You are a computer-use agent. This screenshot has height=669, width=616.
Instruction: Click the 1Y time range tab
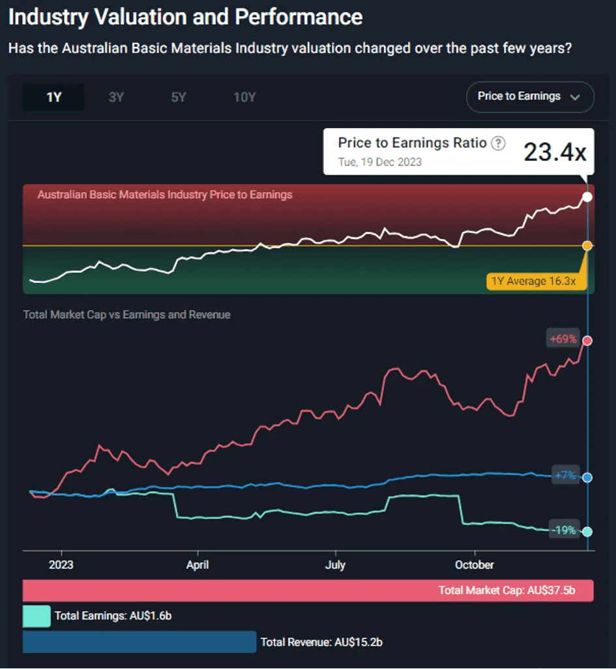[x=53, y=98]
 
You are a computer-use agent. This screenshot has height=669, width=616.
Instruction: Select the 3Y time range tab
[x=116, y=98]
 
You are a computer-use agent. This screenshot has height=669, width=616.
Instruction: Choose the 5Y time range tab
[x=179, y=98]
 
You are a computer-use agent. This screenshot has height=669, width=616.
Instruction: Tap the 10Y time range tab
[x=244, y=98]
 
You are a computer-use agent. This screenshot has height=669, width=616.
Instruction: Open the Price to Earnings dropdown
[x=529, y=96]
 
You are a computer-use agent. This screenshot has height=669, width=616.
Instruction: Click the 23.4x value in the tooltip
[x=555, y=152]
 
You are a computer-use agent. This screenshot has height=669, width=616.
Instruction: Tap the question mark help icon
[x=498, y=143]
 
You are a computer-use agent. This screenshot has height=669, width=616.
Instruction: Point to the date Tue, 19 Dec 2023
[x=379, y=162]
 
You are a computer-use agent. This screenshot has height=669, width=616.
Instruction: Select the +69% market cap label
[x=563, y=339]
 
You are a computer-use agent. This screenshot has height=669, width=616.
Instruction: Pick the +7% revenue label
[x=565, y=476]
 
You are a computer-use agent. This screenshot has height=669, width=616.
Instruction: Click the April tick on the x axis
[x=198, y=565]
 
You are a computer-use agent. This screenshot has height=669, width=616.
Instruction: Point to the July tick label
[x=335, y=565]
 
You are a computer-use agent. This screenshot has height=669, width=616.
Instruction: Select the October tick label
[x=475, y=565]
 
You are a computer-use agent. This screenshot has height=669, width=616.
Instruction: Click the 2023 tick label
[x=61, y=565]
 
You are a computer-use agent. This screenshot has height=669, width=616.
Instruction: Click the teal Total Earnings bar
[x=37, y=616]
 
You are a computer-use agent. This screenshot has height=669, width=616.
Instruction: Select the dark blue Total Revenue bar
[x=139, y=642]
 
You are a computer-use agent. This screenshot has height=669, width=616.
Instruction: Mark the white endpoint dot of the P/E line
[x=587, y=197]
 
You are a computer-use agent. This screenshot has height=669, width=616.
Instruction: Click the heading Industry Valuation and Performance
[x=186, y=17]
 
